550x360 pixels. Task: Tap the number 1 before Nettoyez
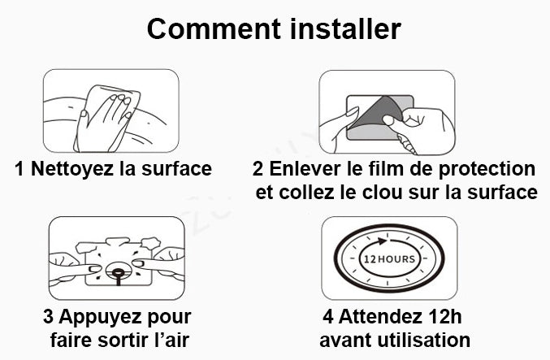pyautogui.click(x=19, y=169)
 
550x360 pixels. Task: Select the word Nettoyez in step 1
pyautogui.click(x=71, y=169)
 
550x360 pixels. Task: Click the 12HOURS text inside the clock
pyautogui.click(x=388, y=259)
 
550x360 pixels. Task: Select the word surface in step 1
pyautogui.click(x=175, y=169)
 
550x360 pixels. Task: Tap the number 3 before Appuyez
pyautogui.click(x=48, y=316)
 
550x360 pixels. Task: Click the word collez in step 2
pyautogui.click(x=304, y=193)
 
